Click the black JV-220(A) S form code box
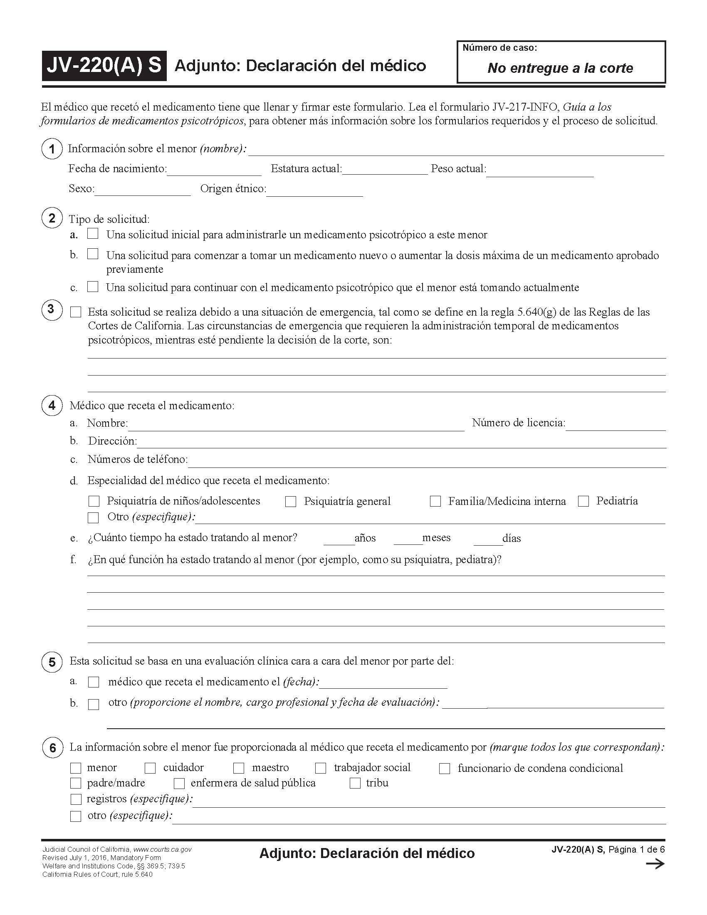tap(104, 66)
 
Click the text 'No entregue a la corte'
tap(560, 68)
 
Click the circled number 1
tap(52, 149)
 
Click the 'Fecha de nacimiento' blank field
tap(214, 170)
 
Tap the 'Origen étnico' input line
tap(314, 190)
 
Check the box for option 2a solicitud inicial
tap(93, 233)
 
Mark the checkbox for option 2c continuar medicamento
tap(93, 287)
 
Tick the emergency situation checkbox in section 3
tap(76, 312)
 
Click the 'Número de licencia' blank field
tap(615, 424)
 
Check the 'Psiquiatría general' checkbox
tap(291, 502)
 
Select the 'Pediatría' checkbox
tap(583, 501)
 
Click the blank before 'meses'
tap(408, 539)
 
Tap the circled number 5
tap(52, 663)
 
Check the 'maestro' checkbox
tap(239, 768)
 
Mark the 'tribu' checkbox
tap(355, 784)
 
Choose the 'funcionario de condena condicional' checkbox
tap(445, 768)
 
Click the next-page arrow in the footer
tap(655, 864)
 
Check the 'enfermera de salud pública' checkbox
tap(179, 784)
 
